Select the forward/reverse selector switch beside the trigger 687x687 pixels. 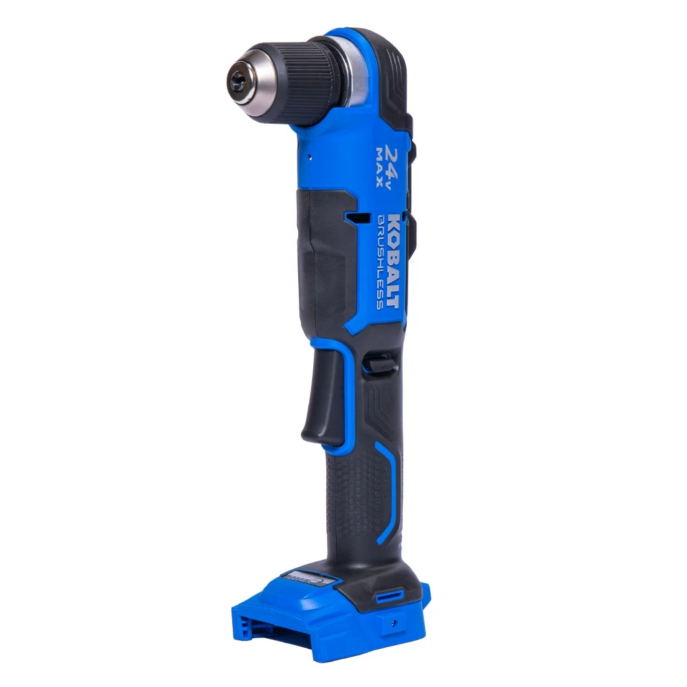coord(379,362)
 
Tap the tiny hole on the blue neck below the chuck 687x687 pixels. coord(311,156)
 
